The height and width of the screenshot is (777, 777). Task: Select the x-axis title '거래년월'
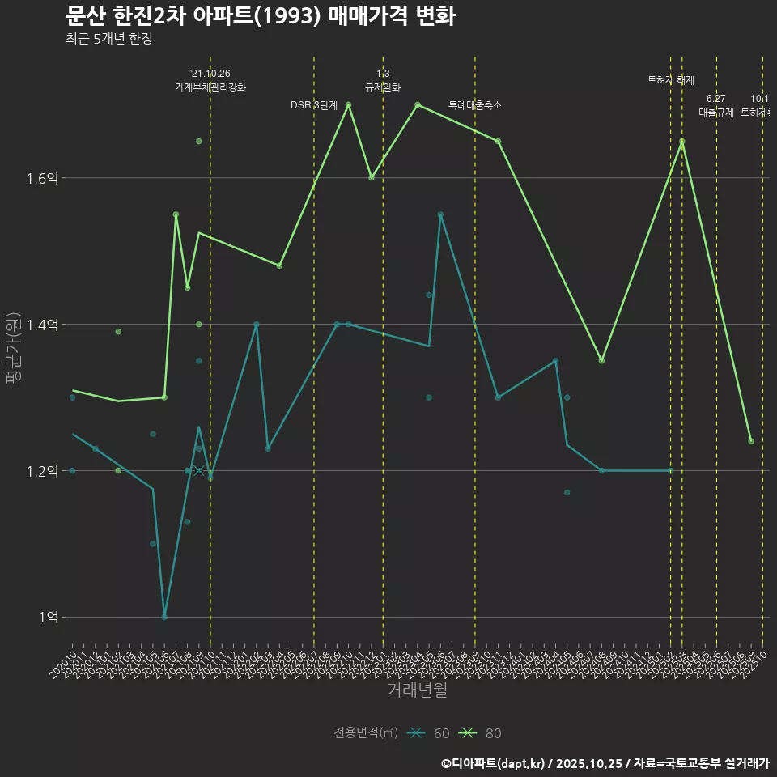click(x=417, y=690)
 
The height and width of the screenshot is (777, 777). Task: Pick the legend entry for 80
click(x=481, y=733)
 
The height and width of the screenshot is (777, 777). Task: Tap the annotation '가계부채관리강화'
click(x=210, y=87)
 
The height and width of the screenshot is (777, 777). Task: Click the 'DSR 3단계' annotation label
click(x=314, y=105)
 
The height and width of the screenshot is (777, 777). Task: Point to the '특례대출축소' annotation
click(x=475, y=105)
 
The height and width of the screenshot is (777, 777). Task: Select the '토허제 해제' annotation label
click(x=671, y=79)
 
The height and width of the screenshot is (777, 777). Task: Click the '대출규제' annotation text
click(x=716, y=113)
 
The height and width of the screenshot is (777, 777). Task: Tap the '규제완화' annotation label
click(x=383, y=87)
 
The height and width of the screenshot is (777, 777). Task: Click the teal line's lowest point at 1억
click(x=164, y=618)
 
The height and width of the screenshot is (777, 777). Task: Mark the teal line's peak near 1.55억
click(x=440, y=214)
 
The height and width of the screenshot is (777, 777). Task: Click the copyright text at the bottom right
click(x=604, y=763)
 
